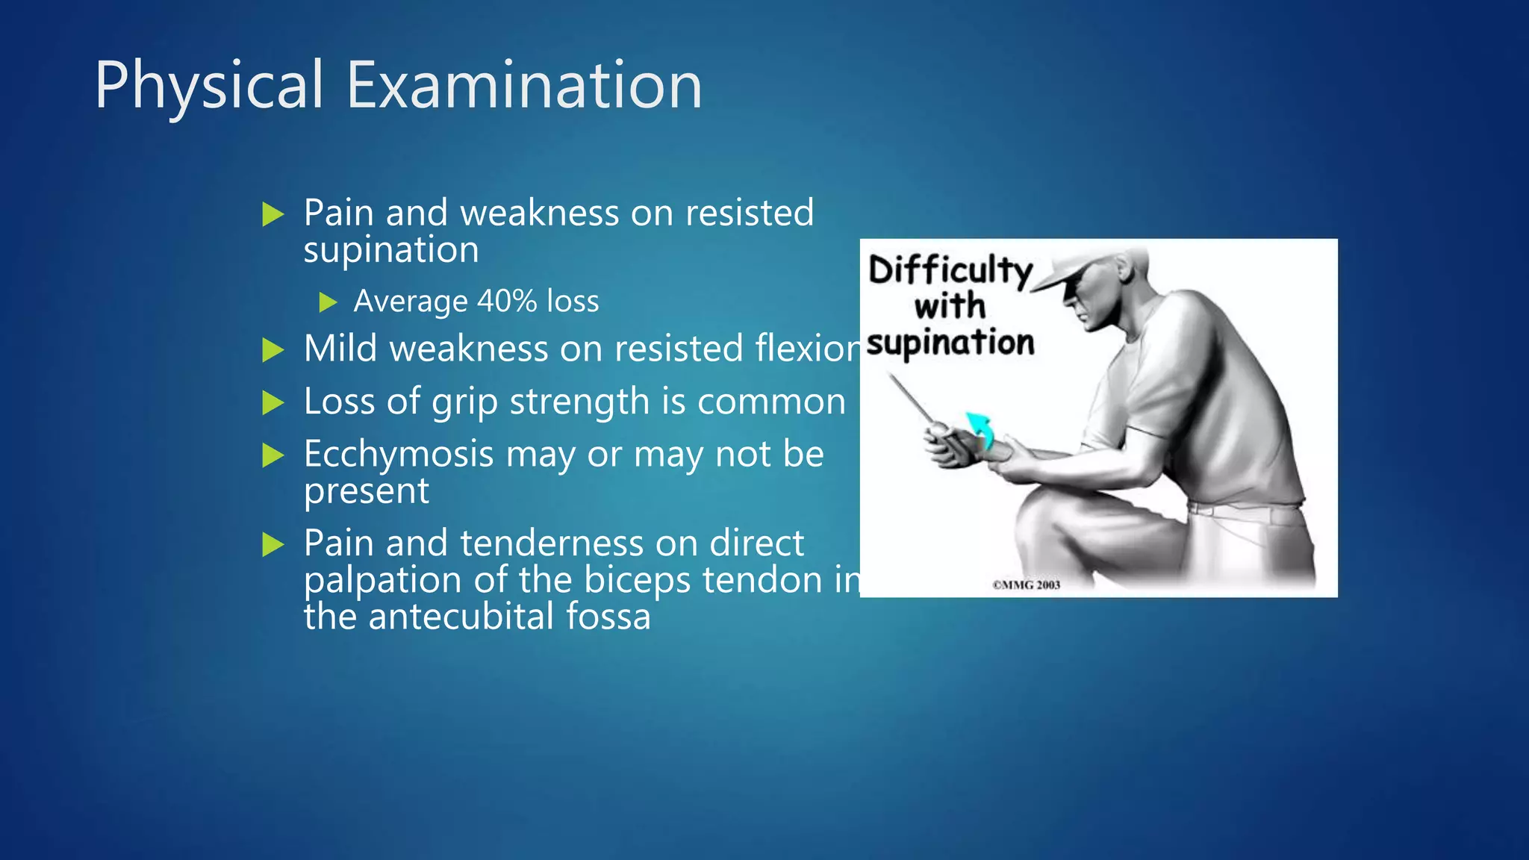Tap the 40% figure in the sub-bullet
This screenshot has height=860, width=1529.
click(x=506, y=301)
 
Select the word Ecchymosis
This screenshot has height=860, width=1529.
click(x=399, y=454)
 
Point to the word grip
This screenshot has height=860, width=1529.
click(x=464, y=402)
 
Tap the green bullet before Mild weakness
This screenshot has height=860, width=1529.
click(x=273, y=349)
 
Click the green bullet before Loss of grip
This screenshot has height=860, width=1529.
click(x=273, y=402)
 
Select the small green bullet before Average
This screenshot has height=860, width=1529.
click(x=328, y=302)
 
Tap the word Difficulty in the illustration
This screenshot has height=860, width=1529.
click(x=950, y=270)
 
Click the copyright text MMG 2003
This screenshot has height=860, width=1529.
click(x=1026, y=585)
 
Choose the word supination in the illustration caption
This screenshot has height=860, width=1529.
click(x=951, y=343)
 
